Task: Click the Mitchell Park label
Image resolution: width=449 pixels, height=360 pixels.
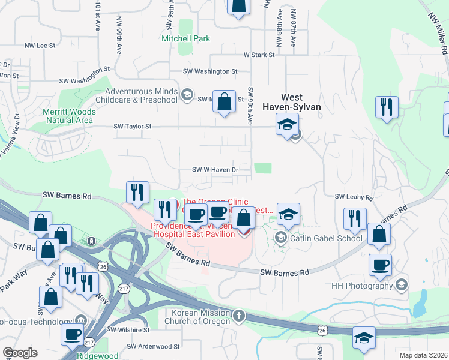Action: [x=186, y=38]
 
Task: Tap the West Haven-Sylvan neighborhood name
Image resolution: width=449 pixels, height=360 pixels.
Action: [x=298, y=102]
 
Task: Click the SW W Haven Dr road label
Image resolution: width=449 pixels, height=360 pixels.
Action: [x=215, y=170]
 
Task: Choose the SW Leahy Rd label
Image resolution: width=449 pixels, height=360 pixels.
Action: [x=350, y=196]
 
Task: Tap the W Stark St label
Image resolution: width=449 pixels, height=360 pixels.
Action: [x=259, y=55]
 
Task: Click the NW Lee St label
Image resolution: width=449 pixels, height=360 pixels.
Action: [x=40, y=45]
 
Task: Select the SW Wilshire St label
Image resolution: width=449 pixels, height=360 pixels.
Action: [x=129, y=330]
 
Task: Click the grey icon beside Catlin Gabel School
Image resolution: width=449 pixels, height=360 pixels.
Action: [x=280, y=238]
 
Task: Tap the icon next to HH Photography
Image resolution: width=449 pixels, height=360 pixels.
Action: [x=402, y=286]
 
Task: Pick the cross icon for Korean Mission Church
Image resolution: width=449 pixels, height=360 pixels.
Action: [x=239, y=316]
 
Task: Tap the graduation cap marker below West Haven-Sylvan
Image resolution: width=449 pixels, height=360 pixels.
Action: [x=287, y=125]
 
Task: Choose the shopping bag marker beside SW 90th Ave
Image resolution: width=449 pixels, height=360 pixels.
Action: [x=224, y=102]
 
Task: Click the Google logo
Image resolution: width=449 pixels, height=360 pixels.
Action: [x=20, y=353]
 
